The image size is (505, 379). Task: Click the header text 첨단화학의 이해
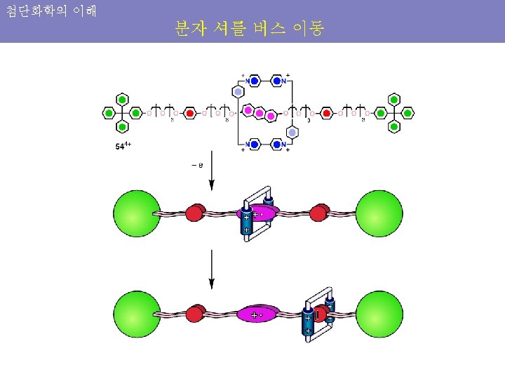(50, 11)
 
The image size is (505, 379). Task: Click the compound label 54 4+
(122, 147)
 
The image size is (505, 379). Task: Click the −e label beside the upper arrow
(197, 166)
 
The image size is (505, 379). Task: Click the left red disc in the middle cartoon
(196, 212)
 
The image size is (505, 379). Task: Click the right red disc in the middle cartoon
(321, 212)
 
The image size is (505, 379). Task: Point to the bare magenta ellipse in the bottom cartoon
(258, 314)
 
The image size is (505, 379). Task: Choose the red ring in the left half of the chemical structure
(189, 112)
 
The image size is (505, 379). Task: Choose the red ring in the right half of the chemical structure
(326, 112)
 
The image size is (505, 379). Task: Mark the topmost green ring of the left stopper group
(122, 98)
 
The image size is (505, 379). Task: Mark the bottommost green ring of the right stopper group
(394, 127)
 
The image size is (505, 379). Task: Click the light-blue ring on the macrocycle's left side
(238, 92)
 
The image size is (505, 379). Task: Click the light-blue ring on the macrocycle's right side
(292, 132)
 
